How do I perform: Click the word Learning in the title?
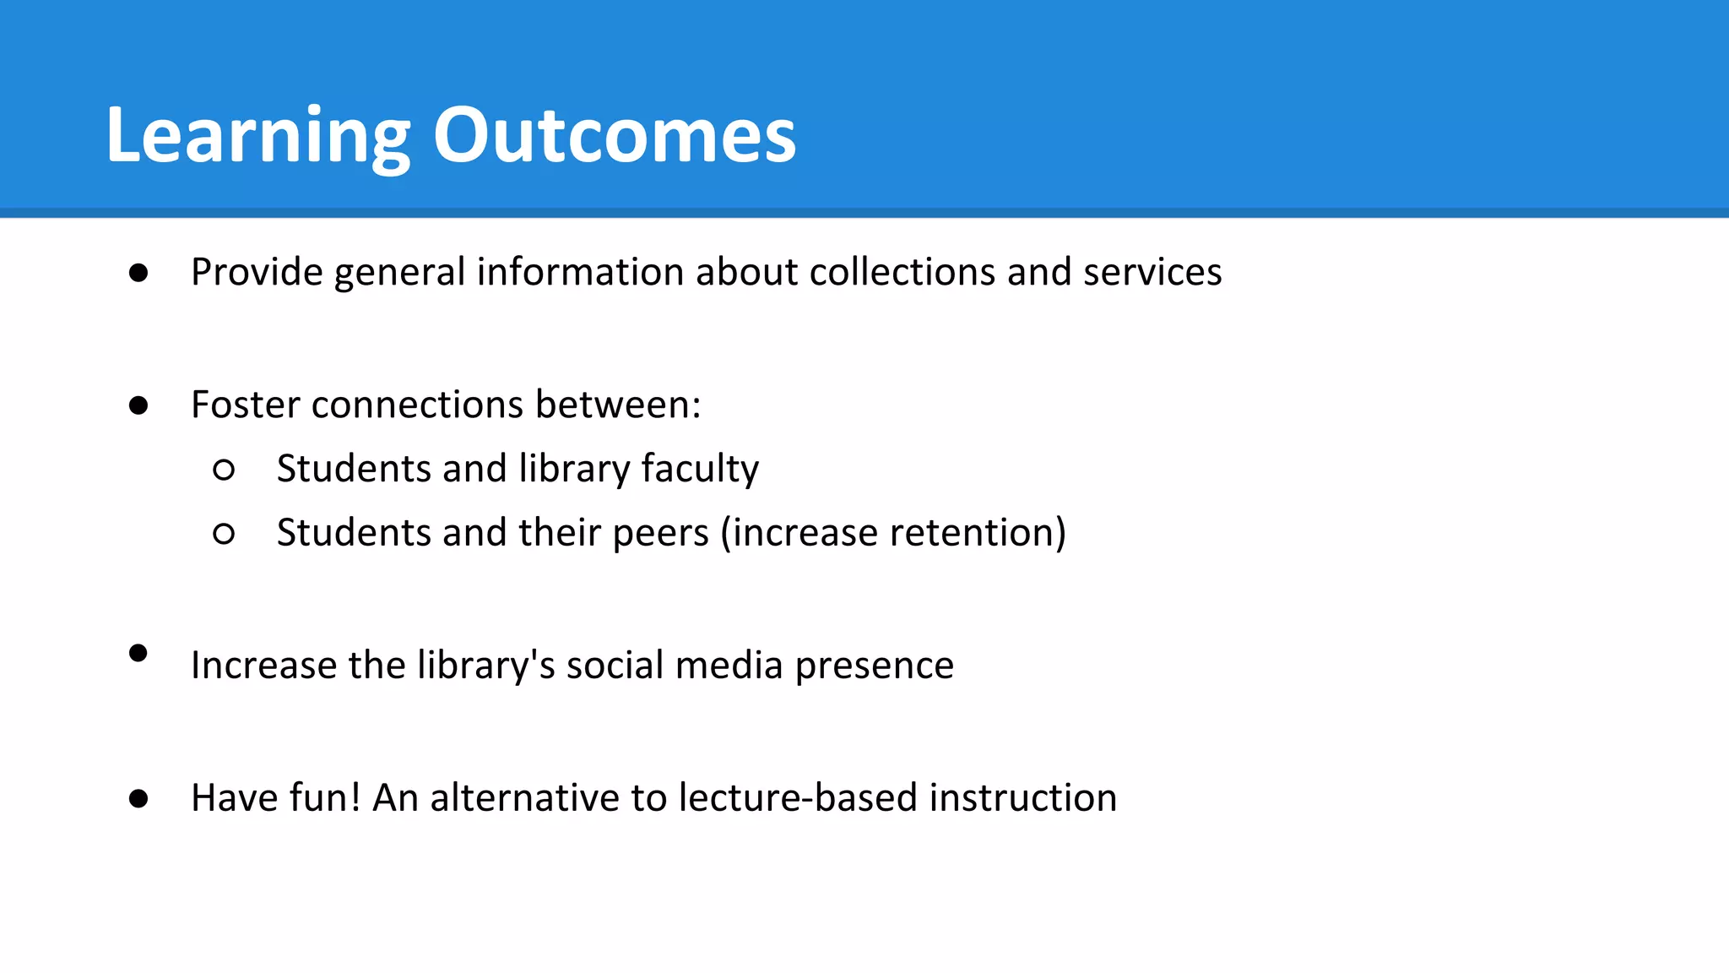[257, 137]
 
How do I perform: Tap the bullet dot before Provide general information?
[138, 273]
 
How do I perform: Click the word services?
[1152, 273]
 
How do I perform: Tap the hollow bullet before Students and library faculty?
[224, 470]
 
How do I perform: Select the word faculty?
[700, 470]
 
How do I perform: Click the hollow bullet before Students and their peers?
[224, 534]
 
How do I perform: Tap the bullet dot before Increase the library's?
[138, 653]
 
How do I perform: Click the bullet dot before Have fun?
[138, 798]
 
